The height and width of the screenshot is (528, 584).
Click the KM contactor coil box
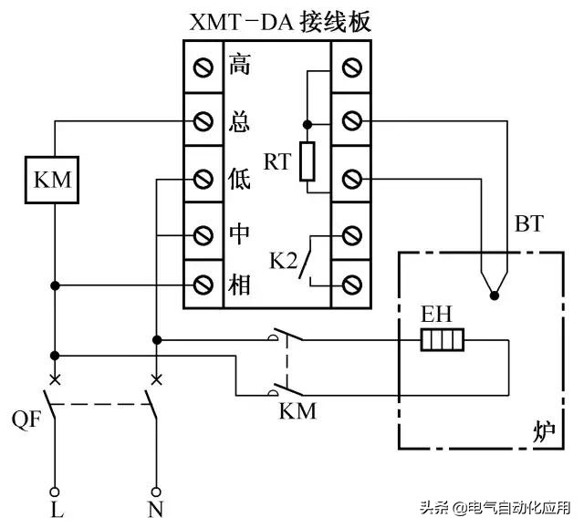56,180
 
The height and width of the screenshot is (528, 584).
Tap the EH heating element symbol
443,341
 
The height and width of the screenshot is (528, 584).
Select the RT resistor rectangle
308,162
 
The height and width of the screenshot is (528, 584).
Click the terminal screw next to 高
204,66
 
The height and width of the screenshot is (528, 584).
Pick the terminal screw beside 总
204,120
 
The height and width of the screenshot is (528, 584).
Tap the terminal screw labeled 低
204,177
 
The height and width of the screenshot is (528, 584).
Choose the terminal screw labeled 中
204,233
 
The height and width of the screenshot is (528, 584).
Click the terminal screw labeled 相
204,286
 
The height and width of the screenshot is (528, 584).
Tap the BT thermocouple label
528,223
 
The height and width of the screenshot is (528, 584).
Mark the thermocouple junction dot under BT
494,295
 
